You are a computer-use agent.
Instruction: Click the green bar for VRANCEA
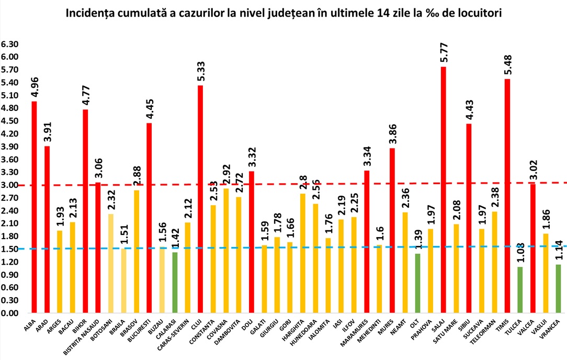[558, 288]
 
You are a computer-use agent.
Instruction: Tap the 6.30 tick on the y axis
[9, 44]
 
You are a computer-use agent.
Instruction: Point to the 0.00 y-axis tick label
[9, 313]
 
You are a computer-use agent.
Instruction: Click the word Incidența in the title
[91, 14]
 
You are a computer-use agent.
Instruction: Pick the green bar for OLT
[417, 283]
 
